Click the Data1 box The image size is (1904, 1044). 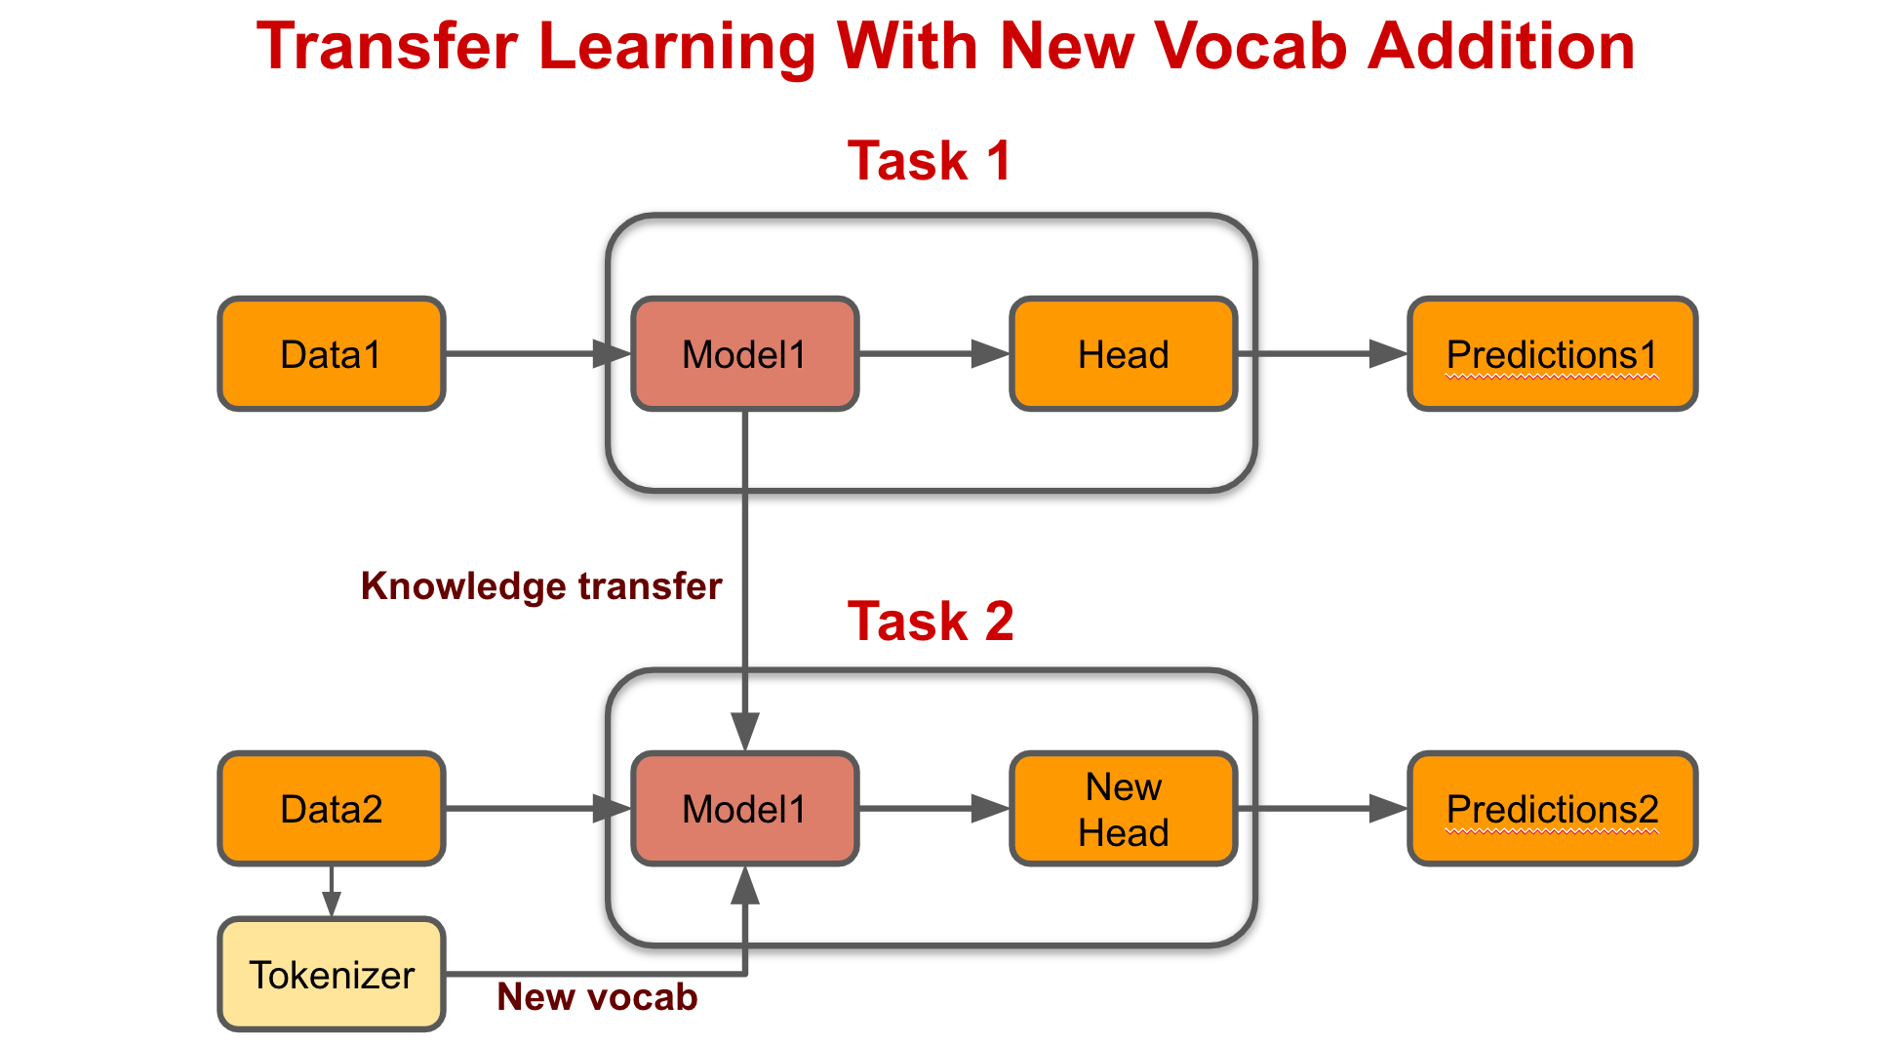[x=332, y=354]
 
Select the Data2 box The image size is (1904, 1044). [x=332, y=809]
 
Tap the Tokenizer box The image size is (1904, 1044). [x=332, y=975]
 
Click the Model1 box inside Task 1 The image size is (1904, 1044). [x=745, y=354]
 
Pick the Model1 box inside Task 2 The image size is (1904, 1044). [x=745, y=809]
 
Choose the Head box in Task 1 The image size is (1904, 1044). [x=1124, y=354]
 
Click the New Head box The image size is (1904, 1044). [x=1124, y=809]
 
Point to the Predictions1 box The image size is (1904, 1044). [x=1553, y=354]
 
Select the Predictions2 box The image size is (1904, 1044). [x=1553, y=809]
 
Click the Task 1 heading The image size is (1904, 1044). [x=930, y=161]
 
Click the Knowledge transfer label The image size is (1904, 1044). [x=541, y=586]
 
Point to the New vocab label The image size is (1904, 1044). [x=597, y=997]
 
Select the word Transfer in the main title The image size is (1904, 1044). [x=387, y=47]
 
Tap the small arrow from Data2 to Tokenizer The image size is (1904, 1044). [x=332, y=890]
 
